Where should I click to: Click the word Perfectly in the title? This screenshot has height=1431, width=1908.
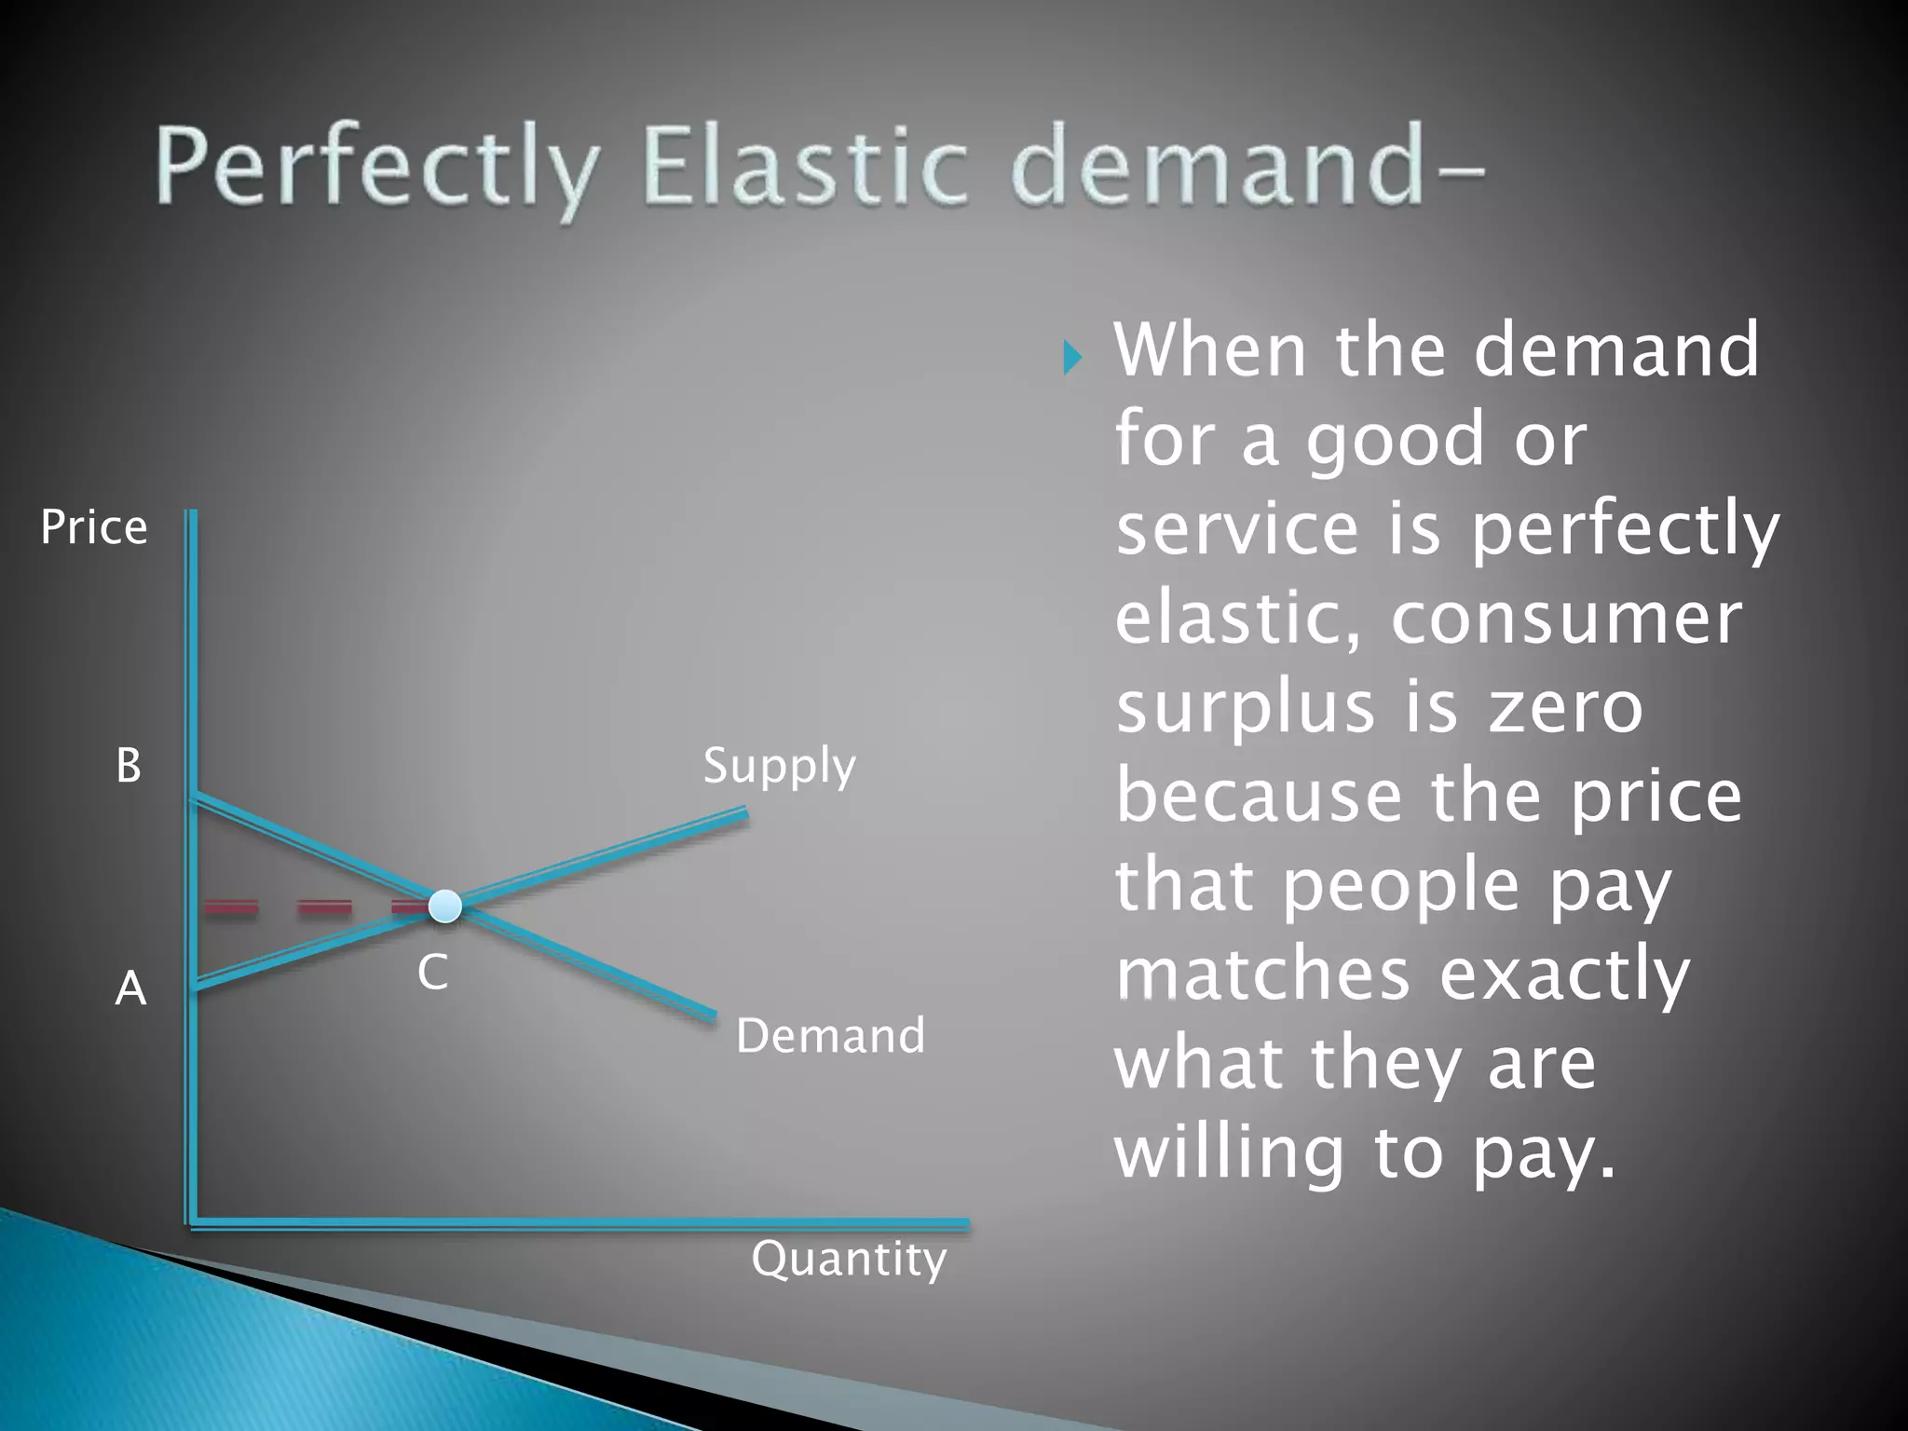[x=377, y=168]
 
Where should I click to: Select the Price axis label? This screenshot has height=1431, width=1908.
[x=94, y=527]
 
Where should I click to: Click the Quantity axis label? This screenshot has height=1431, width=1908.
[x=849, y=1260]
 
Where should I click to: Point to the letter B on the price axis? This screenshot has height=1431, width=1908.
[x=129, y=766]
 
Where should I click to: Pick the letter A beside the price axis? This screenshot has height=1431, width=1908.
[x=130, y=988]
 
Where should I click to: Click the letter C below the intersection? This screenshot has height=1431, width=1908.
[x=432, y=973]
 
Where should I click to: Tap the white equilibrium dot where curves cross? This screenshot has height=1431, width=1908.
[x=445, y=906]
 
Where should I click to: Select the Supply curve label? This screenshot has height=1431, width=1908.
[x=779, y=767]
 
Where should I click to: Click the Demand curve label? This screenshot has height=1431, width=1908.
[x=830, y=1036]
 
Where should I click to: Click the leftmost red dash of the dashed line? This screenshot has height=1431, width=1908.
[x=231, y=906]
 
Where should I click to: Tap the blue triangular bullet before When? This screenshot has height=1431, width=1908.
[x=1072, y=357]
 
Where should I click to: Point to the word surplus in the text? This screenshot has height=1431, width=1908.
[x=1245, y=707]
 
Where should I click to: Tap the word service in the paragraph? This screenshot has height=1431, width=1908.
[x=1239, y=528]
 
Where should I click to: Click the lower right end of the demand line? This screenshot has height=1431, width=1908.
[x=713, y=1016]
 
